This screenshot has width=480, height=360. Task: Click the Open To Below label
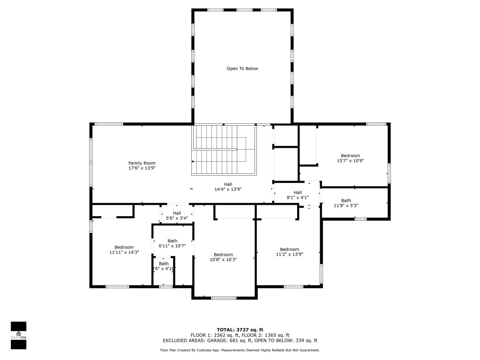[242, 68]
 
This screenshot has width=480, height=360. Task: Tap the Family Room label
[142, 163]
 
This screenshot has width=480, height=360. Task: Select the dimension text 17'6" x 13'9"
[142, 168]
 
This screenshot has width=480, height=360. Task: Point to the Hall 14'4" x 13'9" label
[227, 187]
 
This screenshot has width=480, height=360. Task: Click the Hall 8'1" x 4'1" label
[298, 195]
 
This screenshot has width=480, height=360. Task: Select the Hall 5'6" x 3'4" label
[177, 215]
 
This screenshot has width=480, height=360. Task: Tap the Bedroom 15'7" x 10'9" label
[350, 158]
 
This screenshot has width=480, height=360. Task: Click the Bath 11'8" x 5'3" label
[346, 203]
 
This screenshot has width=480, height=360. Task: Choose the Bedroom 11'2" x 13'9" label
[289, 252]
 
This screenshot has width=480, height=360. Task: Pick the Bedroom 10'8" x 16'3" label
[223, 257]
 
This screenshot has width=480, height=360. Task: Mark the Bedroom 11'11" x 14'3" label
[124, 249]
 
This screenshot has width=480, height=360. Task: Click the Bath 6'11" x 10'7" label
[172, 243]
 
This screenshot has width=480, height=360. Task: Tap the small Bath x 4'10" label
[164, 266]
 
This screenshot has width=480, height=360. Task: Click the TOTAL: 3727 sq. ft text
[240, 330]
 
